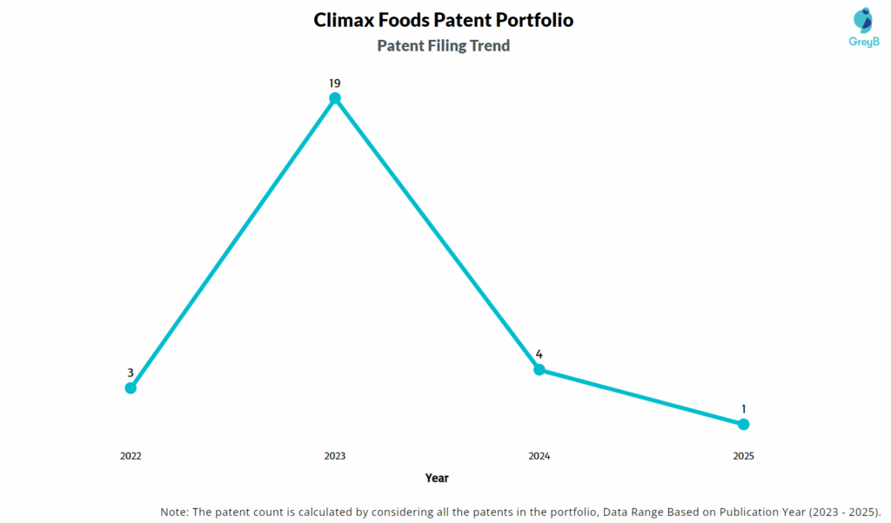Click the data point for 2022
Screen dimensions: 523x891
pyautogui.click(x=131, y=387)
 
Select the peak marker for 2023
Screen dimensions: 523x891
pyautogui.click(x=335, y=98)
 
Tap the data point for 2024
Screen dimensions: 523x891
pyautogui.click(x=539, y=369)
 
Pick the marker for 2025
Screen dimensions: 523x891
pyautogui.click(x=743, y=424)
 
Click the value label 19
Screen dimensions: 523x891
pyautogui.click(x=335, y=83)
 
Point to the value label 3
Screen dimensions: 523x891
pyautogui.click(x=131, y=372)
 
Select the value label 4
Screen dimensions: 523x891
pyautogui.click(x=539, y=354)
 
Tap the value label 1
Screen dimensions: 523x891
pyautogui.click(x=743, y=409)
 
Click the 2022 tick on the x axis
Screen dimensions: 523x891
pyautogui.click(x=131, y=456)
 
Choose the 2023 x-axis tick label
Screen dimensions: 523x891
pyautogui.click(x=335, y=456)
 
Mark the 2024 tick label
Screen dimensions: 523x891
pyautogui.click(x=539, y=456)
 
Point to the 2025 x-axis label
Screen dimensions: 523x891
pyautogui.click(x=743, y=456)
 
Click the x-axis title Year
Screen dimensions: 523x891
pyautogui.click(x=437, y=478)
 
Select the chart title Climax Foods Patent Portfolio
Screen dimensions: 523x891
pyautogui.click(x=444, y=20)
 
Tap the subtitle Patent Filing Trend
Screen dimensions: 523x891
pyautogui.click(x=444, y=45)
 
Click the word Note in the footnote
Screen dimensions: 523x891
pyautogui.click(x=175, y=511)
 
